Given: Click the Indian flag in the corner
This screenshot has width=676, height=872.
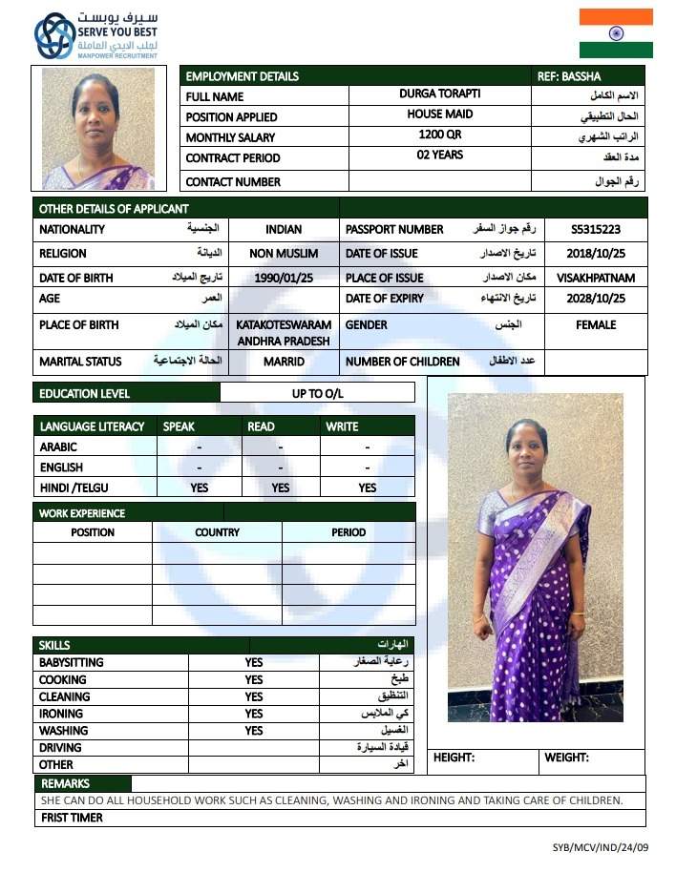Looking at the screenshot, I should (x=616, y=33).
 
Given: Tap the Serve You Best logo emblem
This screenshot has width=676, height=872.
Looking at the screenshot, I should (x=54, y=37).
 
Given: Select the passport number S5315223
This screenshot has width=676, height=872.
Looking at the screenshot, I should (x=596, y=229).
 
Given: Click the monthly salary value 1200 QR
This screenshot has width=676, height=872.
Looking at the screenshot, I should (x=440, y=135).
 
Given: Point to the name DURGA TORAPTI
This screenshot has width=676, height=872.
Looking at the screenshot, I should (x=440, y=94).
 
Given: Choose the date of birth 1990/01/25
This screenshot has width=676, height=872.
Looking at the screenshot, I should (x=284, y=278).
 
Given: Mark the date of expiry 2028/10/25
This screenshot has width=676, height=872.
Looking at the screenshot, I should (x=596, y=299).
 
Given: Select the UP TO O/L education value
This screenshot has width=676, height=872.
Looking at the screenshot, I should (x=317, y=393).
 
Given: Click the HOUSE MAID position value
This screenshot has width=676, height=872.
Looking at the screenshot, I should (x=440, y=114).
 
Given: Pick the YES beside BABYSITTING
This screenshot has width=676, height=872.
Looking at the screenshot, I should (x=253, y=662).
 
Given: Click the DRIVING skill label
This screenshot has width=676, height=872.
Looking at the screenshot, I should (x=60, y=748).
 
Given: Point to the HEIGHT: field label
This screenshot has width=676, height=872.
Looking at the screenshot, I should (x=454, y=758).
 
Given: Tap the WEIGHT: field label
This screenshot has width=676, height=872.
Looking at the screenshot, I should (x=566, y=758).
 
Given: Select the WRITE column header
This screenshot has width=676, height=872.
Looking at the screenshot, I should (x=342, y=426).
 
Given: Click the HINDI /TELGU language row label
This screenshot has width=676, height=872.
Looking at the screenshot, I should (x=74, y=488).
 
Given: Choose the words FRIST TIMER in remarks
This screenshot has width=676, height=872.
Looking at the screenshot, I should (x=72, y=818).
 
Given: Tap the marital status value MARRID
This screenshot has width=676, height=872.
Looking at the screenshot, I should (x=284, y=362).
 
